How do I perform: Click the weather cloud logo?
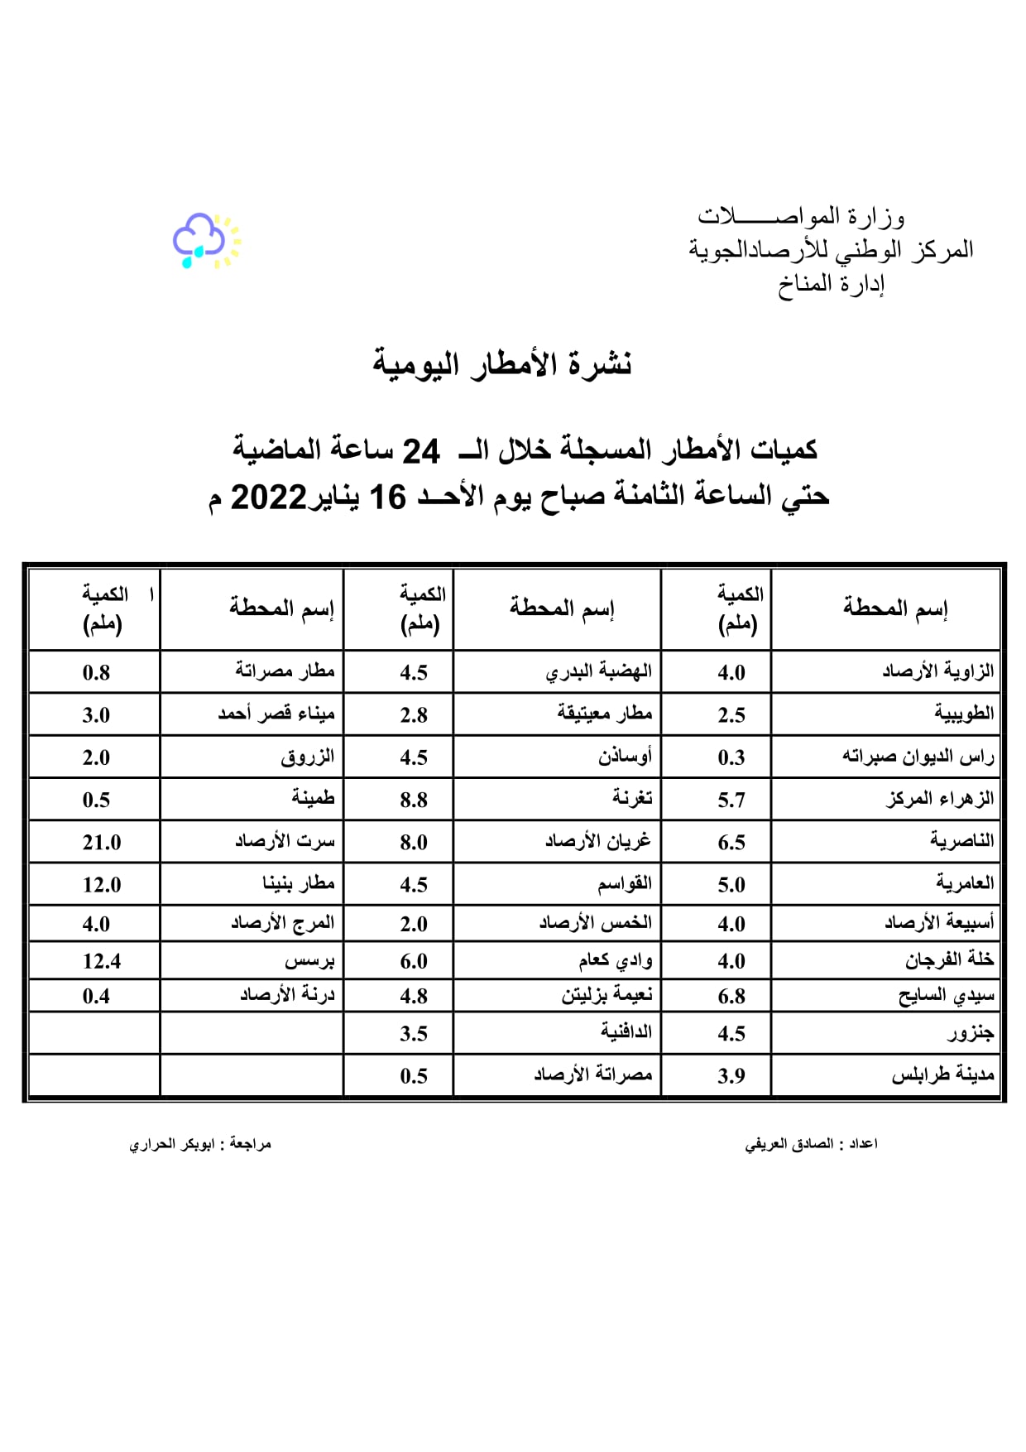[205, 240]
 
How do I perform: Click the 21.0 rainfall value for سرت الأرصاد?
[101, 843]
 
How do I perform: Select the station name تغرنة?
[632, 798]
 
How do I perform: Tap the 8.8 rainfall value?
[414, 801]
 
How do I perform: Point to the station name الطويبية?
[964, 714]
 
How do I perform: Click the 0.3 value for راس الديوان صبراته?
[731, 758]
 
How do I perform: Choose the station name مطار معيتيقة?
[605, 714]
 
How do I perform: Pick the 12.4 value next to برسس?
[101, 961]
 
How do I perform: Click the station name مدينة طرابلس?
[942, 1075]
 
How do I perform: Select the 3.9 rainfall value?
[731, 1076]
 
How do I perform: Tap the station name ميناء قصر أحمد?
[276, 714]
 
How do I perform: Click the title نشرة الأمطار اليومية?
[502, 364]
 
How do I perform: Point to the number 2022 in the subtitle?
[268, 498]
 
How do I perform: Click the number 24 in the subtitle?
[420, 452]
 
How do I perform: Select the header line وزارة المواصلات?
[800, 217]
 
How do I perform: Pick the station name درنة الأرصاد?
[287, 995]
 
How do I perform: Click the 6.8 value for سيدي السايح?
[731, 997]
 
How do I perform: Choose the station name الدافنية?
[626, 1032]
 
